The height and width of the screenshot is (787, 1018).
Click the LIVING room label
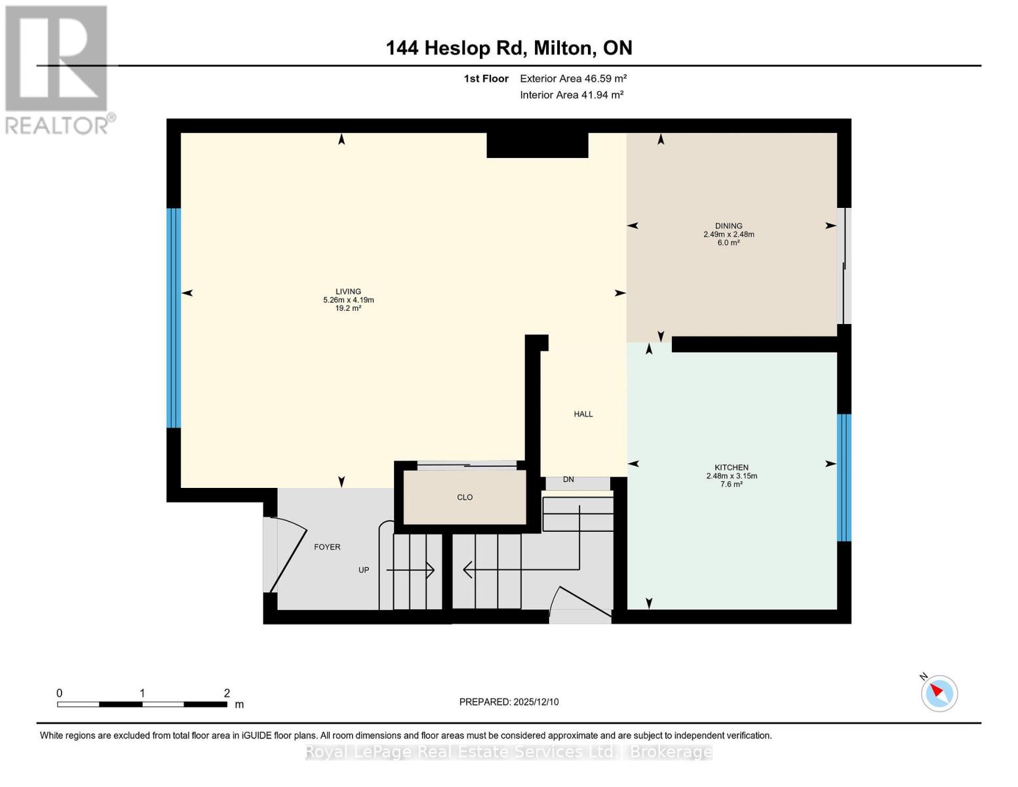pos(348,292)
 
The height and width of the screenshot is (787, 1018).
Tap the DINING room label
pos(728,226)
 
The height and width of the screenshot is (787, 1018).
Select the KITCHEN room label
pos(732,468)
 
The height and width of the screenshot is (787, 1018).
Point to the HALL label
pos(583,414)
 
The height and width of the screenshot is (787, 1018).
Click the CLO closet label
pos(465,497)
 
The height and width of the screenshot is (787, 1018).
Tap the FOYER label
pos(327,547)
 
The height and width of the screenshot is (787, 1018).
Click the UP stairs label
pos(364,570)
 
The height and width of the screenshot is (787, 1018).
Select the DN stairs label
pos(568,479)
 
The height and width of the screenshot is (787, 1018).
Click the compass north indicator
pos(939,693)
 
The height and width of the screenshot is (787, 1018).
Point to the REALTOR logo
pos(57,69)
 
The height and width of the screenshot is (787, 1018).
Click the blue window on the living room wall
pos(173,318)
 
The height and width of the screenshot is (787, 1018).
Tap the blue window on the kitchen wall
pos(844,477)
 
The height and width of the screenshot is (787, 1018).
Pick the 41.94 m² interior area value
pos(602,95)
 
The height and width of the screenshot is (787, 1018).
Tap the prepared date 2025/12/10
pos(536,702)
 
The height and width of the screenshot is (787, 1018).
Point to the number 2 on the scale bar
pos(227,693)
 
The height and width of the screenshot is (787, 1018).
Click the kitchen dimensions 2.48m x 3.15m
pos(732,476)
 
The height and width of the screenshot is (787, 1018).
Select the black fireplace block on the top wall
pos(537,145)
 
